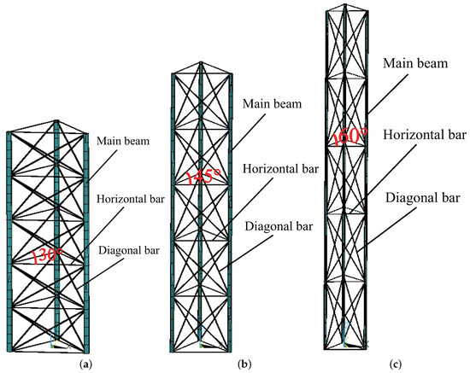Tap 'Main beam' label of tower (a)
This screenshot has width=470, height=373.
click(124, 143)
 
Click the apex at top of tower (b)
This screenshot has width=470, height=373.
click(202, 61)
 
